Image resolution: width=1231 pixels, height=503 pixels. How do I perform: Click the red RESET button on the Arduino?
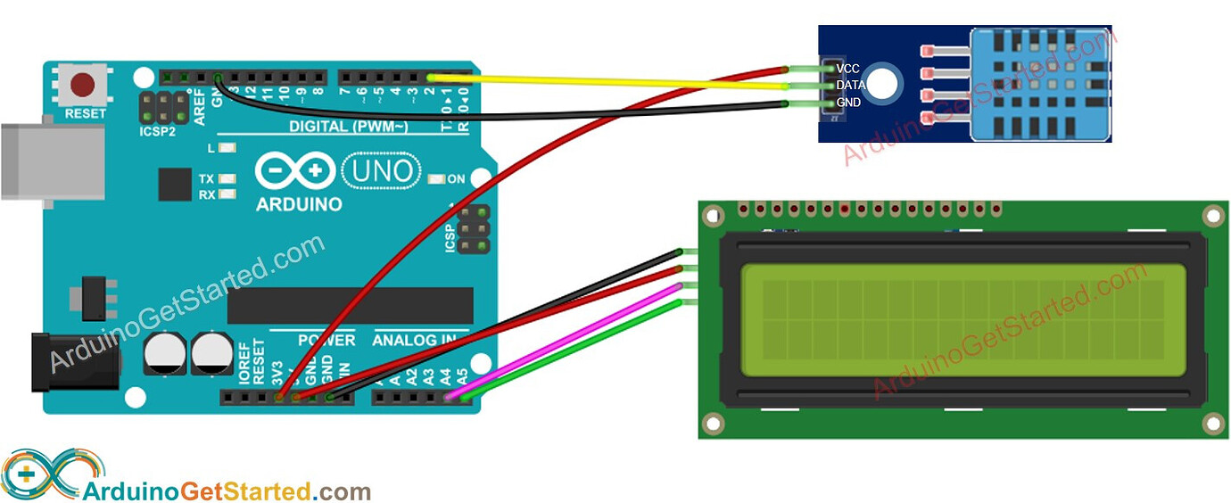point(84,86)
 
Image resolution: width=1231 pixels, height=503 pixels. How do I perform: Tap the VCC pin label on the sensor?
point(848,69)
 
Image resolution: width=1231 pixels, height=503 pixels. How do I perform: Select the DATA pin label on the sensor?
point(850,85)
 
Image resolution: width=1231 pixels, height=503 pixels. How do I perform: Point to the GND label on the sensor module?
point(848,103)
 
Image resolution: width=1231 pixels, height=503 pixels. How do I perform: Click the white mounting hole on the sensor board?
point(882,83)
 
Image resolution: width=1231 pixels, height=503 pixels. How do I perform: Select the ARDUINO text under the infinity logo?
point(299,204)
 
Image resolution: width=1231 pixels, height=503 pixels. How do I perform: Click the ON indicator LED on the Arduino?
point(436,179)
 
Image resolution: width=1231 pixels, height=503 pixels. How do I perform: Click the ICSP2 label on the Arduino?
point(159,131)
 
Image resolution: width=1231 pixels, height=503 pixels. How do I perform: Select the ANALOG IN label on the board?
point(414,340)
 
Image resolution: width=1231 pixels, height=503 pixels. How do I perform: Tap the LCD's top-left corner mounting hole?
point(712,216)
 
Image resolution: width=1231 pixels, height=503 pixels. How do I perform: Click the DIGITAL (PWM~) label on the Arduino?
point(348,127)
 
